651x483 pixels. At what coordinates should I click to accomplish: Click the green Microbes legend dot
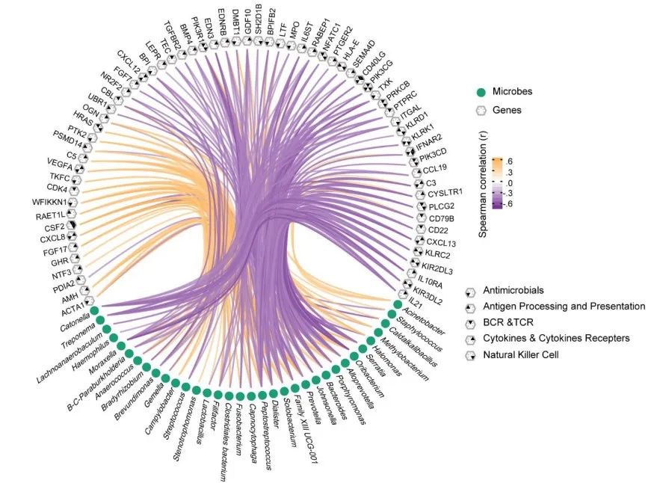click(481, 91)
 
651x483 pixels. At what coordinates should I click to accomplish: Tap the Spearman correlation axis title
click(483, 182)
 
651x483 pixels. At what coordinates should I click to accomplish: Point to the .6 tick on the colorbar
click(510, 161)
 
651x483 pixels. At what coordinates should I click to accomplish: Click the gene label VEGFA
click(59, 163)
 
